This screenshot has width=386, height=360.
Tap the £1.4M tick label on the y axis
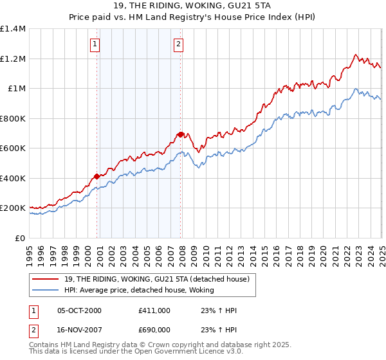tap(13, 29)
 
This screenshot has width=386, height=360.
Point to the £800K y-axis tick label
tap(13, 118)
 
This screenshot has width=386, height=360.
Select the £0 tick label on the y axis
tap(21, 238)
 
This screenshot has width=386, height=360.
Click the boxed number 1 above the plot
tap(95, 44)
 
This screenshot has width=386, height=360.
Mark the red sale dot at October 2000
tap(97, 176)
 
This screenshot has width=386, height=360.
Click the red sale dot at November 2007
tap(181, 134)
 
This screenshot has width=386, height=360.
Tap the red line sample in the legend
tap(45, 278)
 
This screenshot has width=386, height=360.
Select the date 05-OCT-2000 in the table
tap(80, 310)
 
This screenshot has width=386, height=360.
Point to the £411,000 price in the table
tap(154, 310)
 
